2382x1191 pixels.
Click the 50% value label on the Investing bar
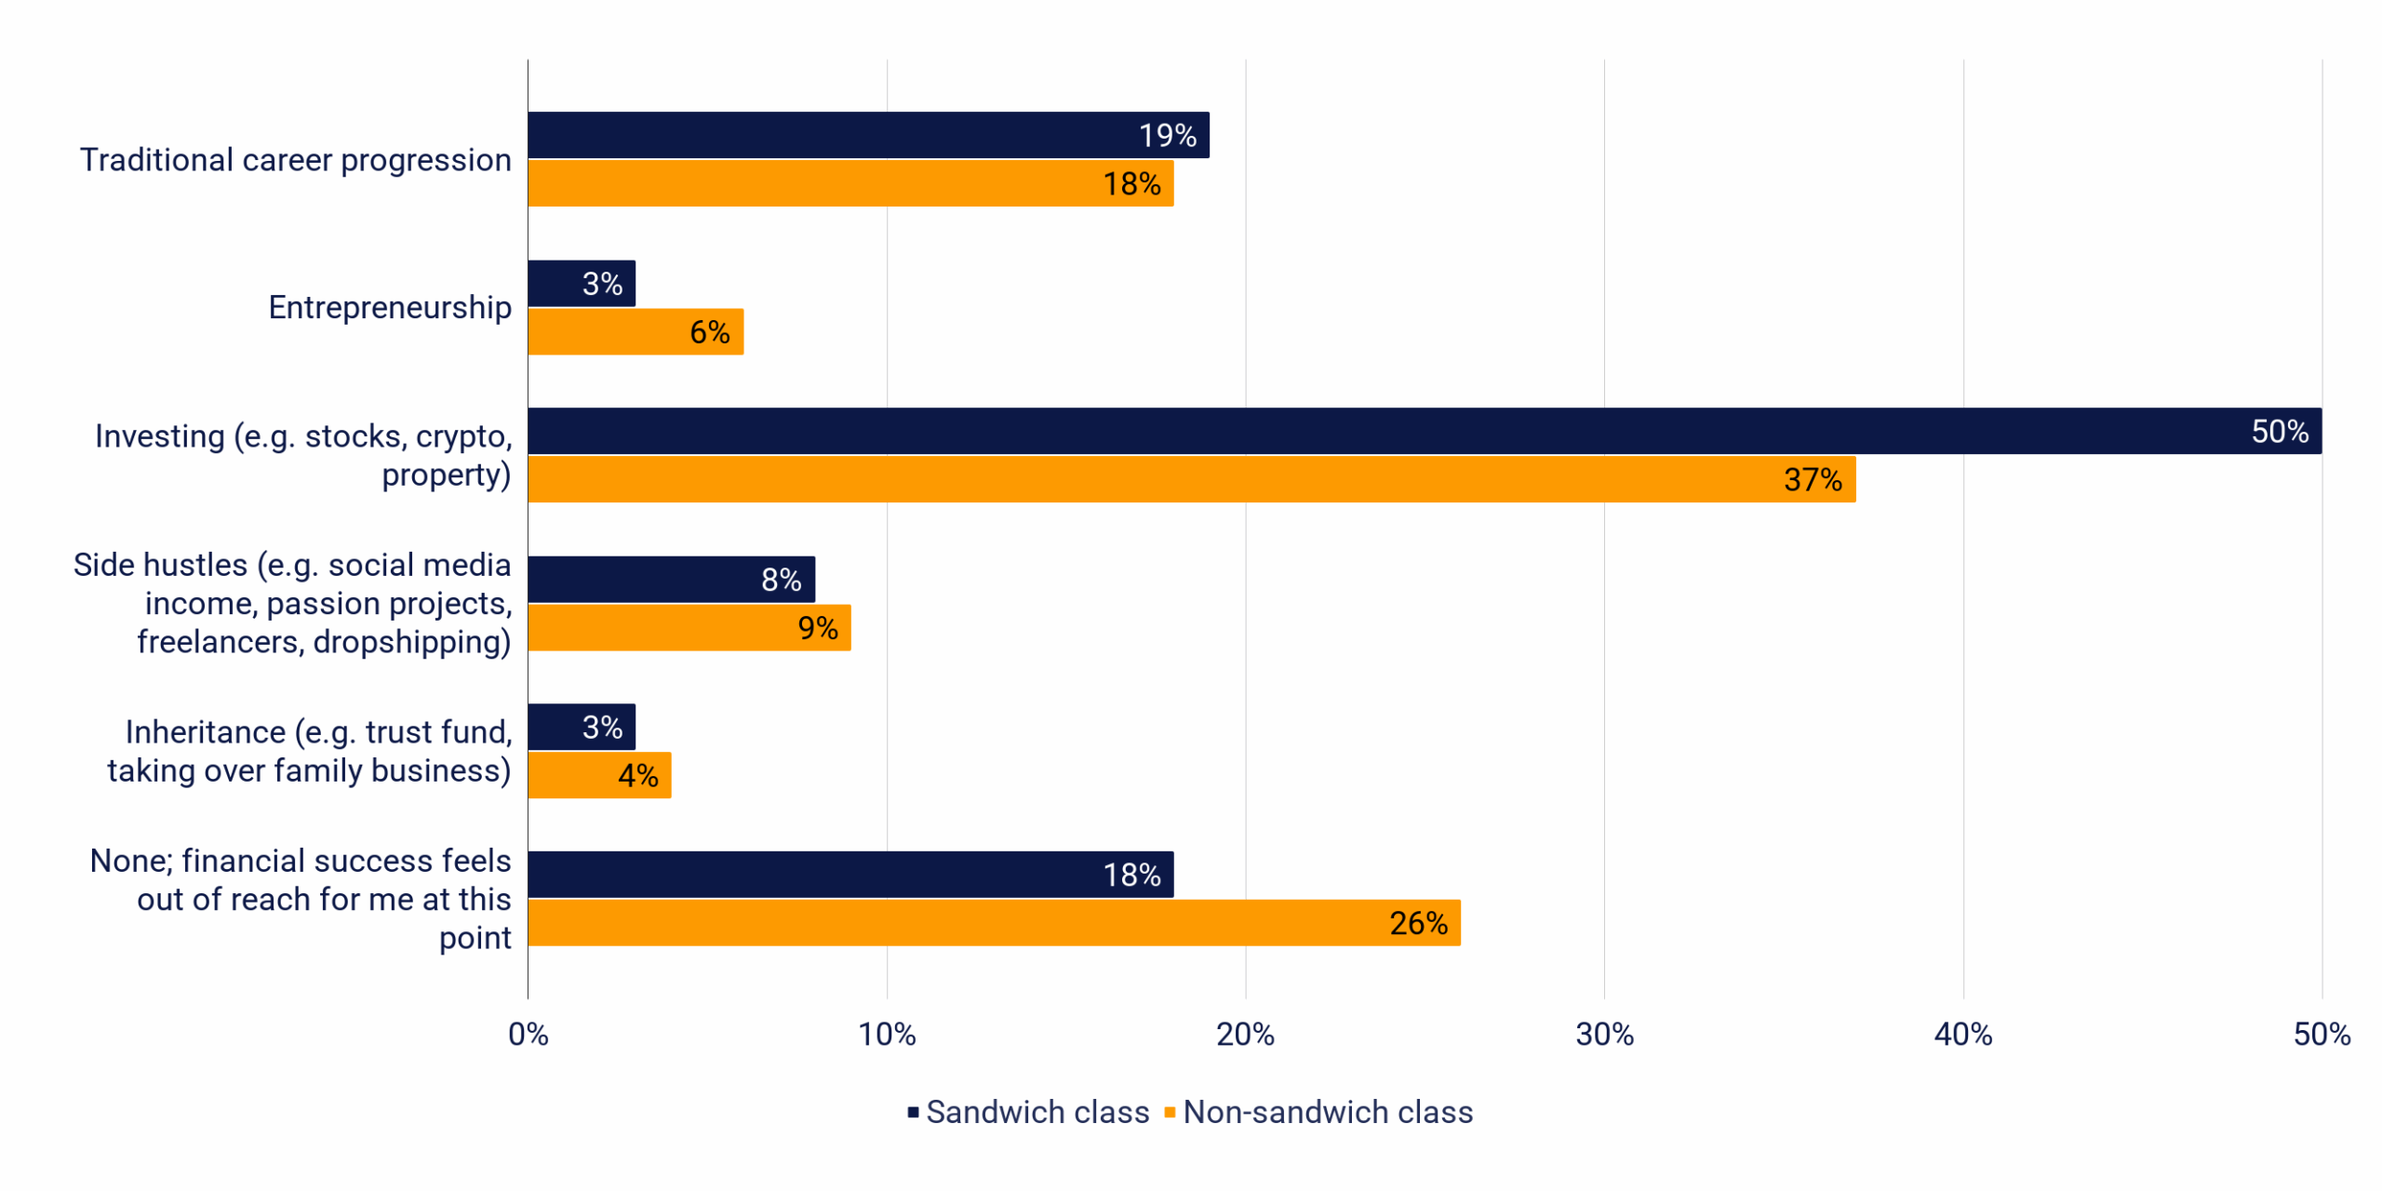point(2279,432)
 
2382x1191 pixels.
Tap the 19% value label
point(1167,136)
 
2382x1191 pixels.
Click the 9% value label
point(817,628)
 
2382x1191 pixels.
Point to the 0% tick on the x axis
point(528,1034)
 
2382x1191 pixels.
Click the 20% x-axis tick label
point(1245,1034)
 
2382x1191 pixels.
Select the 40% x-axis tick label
point(1962,1034)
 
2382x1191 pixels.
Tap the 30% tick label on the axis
point(1604,1034)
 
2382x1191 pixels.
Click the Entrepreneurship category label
point(390,307)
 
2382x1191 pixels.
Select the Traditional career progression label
point(295,160)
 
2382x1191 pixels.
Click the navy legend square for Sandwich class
point(913,1112)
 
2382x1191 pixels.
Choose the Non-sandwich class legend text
point(1328,1112)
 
